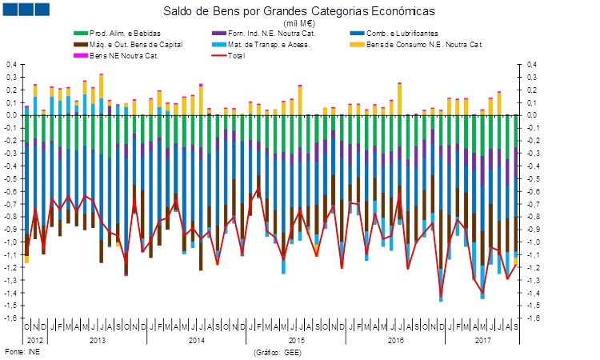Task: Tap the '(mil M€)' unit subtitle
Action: point(299,24)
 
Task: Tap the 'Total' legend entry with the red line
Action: point(253,54)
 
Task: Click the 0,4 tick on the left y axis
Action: point(11,64)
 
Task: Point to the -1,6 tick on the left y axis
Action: point(10,318)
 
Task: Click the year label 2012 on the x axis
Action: point(35,340)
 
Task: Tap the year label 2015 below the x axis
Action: point(295,340)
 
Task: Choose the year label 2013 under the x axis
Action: point(96,340)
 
